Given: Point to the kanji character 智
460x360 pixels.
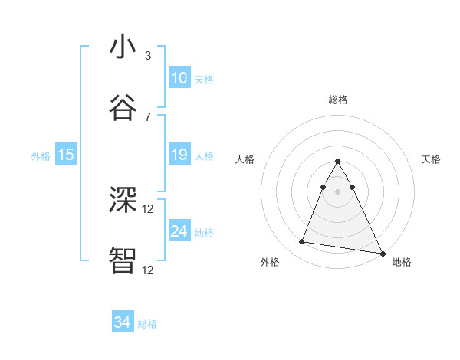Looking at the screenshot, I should click(x=123, y=260).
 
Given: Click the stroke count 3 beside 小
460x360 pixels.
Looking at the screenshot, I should click(x=148, y=56).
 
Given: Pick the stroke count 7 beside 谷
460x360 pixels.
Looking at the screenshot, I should click(x=148, y=116).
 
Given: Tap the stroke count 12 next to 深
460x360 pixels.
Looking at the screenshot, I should click(x=148, y=208).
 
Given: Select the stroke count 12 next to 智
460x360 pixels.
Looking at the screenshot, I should click(x=148, y=270).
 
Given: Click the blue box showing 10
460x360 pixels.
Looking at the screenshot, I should click(x=179, y=78).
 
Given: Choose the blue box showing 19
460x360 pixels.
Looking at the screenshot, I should click(x=179, y=155).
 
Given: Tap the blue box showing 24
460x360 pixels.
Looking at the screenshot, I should click(x=179, y=232).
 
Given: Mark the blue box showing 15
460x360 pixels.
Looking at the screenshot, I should click(x=66, y=155).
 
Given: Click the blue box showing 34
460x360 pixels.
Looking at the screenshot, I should click(x=122, y=323).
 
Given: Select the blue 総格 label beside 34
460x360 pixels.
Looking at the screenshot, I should click(x=147, y=324).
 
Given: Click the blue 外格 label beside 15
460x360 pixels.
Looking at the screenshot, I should click(x=41, y=156).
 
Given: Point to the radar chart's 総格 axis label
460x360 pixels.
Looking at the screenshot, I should click(x=337, y=100).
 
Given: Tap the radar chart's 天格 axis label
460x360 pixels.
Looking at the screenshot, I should click(x=431, y=159).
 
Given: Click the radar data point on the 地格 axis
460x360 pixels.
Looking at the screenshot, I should click(x=383, y=253).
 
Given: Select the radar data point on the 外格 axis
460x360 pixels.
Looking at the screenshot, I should click(x=301, y=242).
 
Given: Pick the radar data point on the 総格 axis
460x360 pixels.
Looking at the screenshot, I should click(x=337, y=162).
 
